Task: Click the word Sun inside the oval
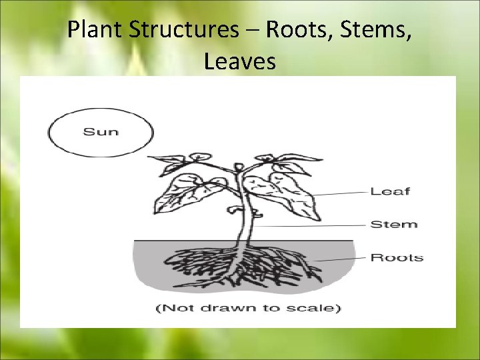click(x=100, y=131)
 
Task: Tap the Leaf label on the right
click(x=390, y=191)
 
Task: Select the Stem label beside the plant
click(x=393, y=224)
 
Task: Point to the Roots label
click(x=397, y=257)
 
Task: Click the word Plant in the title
click(x=93, y=30)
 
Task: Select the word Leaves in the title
click(x=240, y=61)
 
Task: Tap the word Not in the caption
click(x=175, y=308)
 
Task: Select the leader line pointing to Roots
click(x=340, y=259)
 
